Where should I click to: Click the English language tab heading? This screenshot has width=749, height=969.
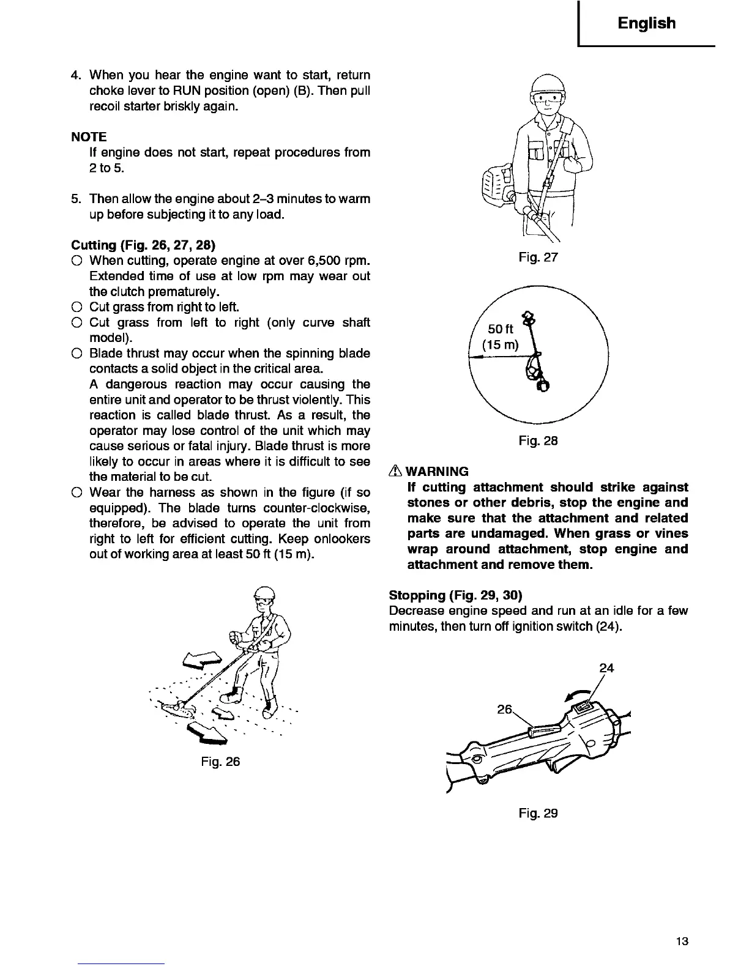tap(646, 23)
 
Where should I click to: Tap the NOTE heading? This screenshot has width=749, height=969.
tap(89, 136)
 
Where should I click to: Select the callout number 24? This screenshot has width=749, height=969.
tap(606, 668)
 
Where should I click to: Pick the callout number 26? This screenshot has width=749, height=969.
tap(504, 710)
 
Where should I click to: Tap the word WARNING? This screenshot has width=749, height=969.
tap(438, 472)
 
